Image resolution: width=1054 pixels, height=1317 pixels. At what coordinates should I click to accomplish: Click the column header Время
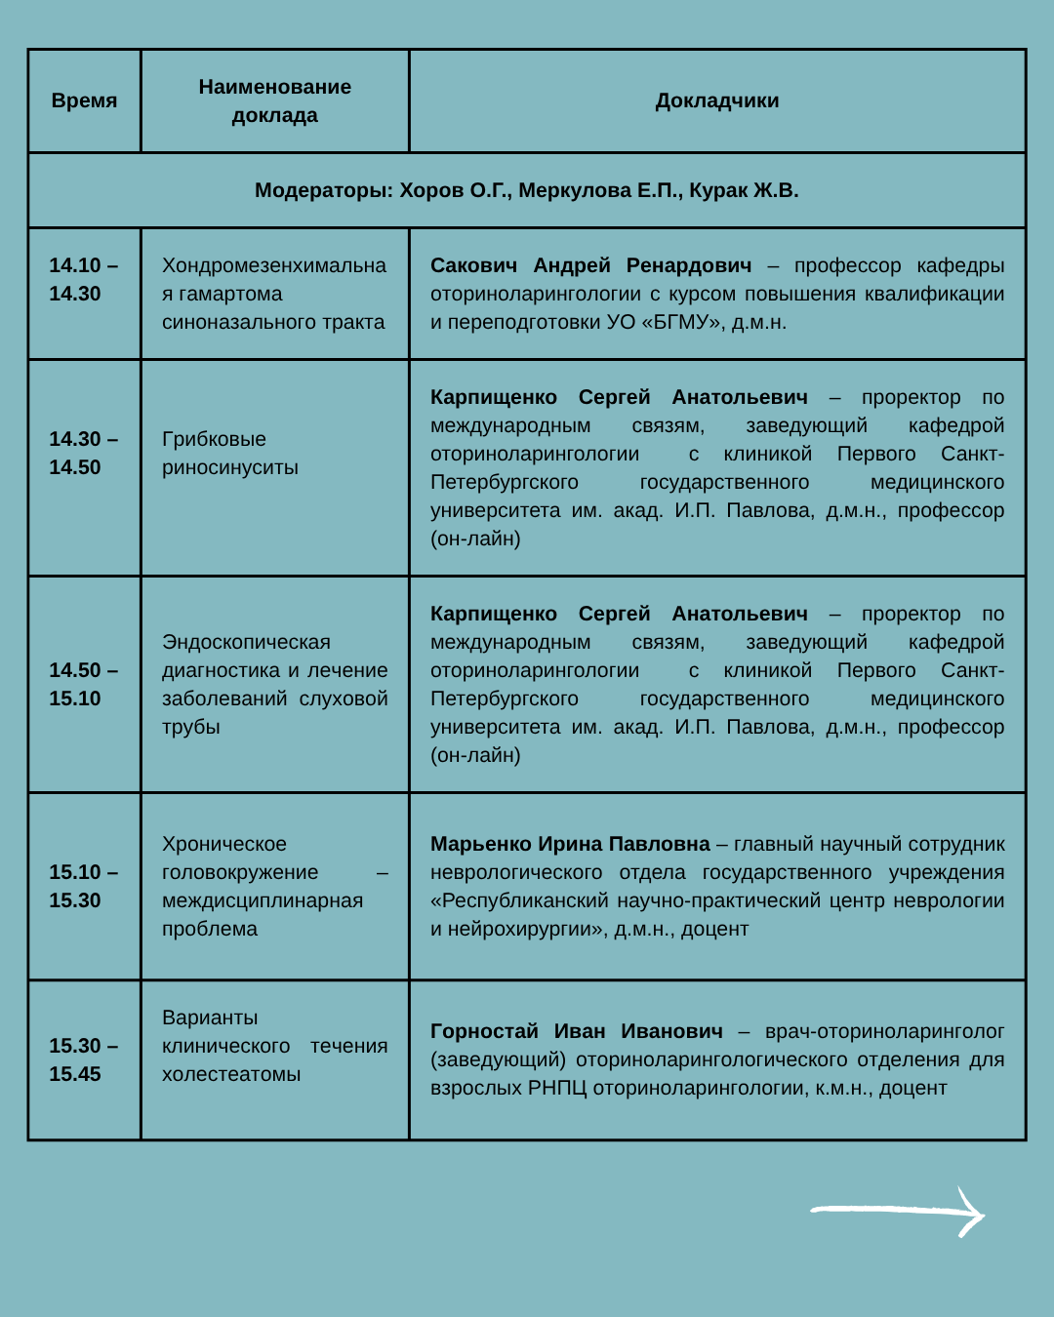(x=84, y=100)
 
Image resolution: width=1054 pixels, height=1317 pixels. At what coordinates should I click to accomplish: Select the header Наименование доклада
(x=274, y=100)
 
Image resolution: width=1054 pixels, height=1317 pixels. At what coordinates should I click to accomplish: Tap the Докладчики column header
(x=717, y=100)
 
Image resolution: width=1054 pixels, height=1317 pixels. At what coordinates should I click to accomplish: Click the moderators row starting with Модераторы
(x=526, y=190)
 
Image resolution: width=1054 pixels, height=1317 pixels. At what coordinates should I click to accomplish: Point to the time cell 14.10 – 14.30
(x=84, y=279)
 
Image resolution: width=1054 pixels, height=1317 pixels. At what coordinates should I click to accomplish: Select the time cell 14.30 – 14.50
(x=84, y=453)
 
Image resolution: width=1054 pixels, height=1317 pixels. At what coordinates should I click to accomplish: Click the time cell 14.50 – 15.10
(x=84, y=684)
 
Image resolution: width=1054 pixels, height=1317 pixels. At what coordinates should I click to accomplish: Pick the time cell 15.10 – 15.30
(x=84, y=886)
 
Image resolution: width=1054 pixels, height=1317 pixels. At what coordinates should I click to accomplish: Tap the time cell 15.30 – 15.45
(x=84, y=1059)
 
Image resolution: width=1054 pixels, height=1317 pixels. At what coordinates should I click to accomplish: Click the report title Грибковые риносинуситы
(x=230, y=453)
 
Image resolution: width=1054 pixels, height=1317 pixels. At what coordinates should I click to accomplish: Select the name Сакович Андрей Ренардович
(x=590, y=265)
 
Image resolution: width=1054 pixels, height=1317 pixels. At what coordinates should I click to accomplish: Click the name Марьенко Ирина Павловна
(x=570, y=844)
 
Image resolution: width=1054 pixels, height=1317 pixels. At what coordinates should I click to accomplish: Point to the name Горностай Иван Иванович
(x=576, y=1031)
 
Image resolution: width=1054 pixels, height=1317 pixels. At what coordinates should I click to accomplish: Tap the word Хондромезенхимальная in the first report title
(x=273, y=266)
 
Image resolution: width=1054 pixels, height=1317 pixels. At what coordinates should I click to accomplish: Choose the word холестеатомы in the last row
(x=231, y=1074)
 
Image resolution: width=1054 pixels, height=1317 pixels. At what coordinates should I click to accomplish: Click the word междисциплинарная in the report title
(x=263, y=900)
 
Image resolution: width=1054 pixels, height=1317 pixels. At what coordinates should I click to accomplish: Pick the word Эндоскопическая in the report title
(x=246, y=642)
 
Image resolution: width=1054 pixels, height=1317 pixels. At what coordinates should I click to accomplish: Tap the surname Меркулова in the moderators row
(x=574, y=190)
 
